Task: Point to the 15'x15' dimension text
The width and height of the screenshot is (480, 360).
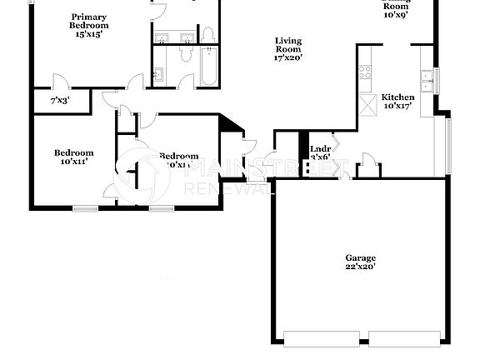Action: pyautogui.click(x=89, y=34)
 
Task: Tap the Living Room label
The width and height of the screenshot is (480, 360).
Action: pyautogui.click(x=288, y=44)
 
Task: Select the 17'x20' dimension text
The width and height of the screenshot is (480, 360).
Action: pyautogui.click(x=288, y=58)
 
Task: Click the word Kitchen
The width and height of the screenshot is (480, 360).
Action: pyautogui.click(x=397, y=97)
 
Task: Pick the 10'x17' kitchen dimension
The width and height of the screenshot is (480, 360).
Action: pyautogui.click(x=397, y=106)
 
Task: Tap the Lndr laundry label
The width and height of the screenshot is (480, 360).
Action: pyautogui.click(x=321, y=148)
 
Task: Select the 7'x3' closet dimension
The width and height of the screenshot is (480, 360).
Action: pyautogui.click(x=59, y=101)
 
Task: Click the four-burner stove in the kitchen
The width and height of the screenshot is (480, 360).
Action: pyautogui.click(x=365, y=72)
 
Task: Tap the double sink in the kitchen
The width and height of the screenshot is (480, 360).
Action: pyautogui.click(x=428, y=80)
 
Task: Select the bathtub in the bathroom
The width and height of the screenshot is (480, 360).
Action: pyautogui.click(x=208, y=66)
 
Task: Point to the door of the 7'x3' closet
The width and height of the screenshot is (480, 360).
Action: pyautogui.click(x=60, y=82)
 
